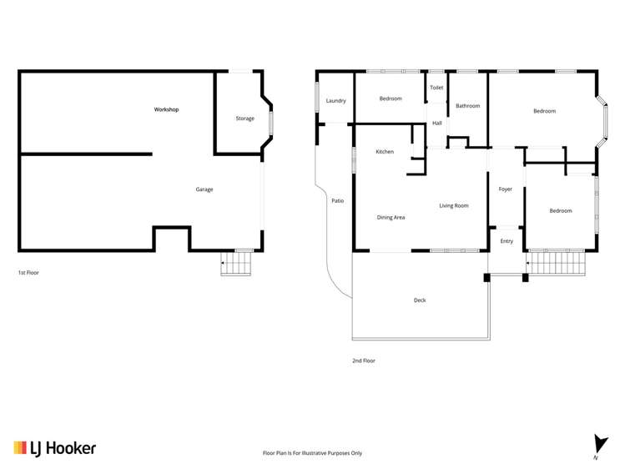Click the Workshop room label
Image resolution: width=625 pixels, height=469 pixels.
[166, 110]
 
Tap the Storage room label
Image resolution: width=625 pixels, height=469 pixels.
[244, 119]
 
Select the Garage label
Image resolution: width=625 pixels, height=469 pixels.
[204, 189]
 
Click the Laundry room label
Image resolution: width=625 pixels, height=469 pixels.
[336, 101]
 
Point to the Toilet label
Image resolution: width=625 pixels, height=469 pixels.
[436, 88]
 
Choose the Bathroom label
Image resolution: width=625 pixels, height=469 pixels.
[467, 106]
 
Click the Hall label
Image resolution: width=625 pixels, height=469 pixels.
[436, 124]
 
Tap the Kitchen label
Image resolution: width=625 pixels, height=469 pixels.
[385, 152]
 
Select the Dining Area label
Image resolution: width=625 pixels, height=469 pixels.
[391, 218]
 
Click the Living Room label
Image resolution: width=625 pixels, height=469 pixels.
[454, 205]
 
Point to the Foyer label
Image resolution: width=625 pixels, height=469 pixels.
[506, 189]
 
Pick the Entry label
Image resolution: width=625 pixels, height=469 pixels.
[507, 241]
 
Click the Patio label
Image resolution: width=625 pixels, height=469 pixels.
[337, 201]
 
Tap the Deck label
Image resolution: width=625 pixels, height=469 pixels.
[420, 300]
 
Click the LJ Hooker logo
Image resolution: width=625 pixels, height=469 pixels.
[54, 448]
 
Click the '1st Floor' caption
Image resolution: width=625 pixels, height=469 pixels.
[28, 273]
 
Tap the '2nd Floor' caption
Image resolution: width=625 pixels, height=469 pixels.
[363, 361]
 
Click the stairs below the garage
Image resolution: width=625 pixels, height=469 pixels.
[236, 264]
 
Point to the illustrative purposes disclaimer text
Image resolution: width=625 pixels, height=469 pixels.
[312, 453]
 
